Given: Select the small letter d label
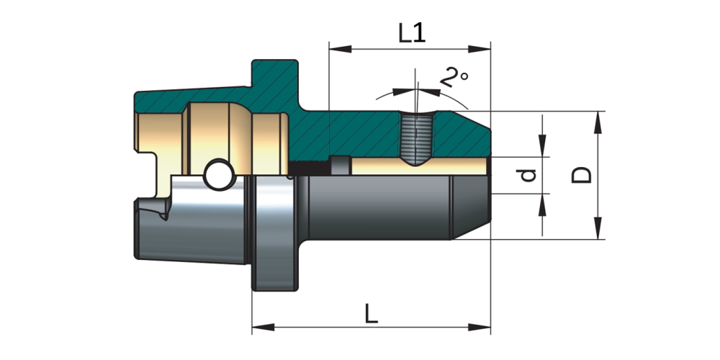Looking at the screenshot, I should [x=529, y=175].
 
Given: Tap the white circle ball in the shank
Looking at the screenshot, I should [x=218, y=174].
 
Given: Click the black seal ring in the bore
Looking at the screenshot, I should [x=311, y=166].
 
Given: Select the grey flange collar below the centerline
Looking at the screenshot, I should [x=273, y=234].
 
